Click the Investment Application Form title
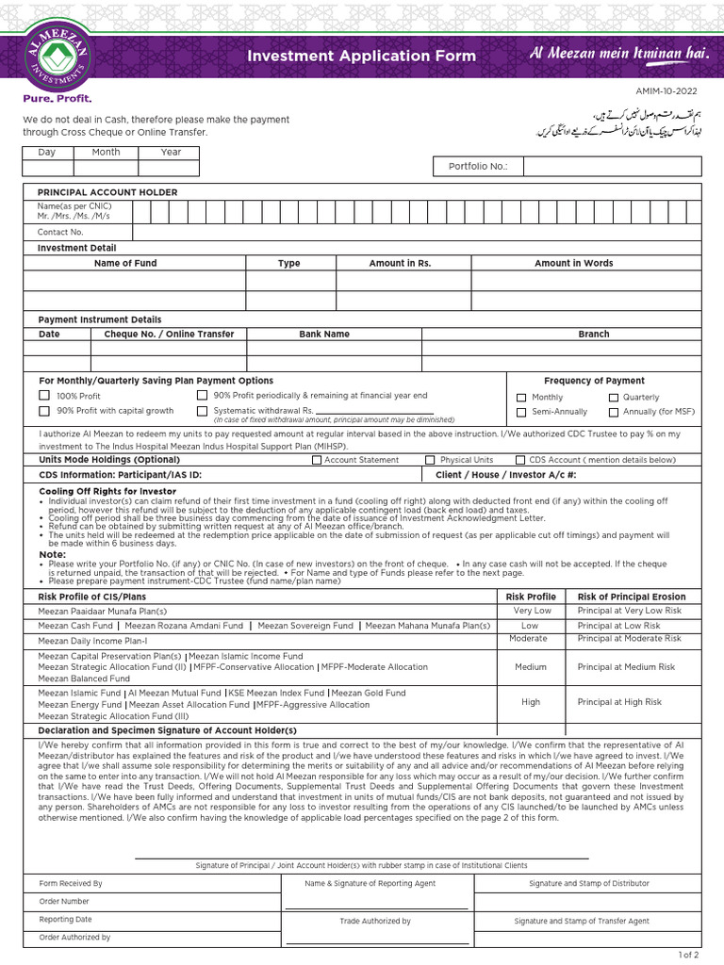click(x=361, y=57)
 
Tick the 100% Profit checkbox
click(x=44, y=396)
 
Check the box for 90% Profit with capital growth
click(x=44, y=411)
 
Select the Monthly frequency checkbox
click(x=521, y=398)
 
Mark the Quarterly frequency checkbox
click(x=614, y=398)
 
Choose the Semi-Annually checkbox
click(x=521, y=412)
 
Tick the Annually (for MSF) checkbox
click(x=614, y=412)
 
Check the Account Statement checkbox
click(x=317, y=460)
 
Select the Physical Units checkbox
click(x=430, y=460)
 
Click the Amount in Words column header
click(x=573, y=263)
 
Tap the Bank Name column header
click(x=324, y=334)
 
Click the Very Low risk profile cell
click(x=532, y=611)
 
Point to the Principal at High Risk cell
click(x=619, y=702)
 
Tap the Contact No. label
click(x=60, y=232)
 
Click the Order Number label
click(x=62, y=902)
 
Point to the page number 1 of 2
click(x=689, y=955)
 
